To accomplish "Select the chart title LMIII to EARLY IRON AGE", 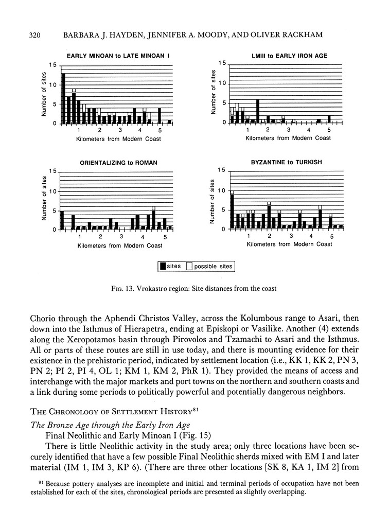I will click(286, 56).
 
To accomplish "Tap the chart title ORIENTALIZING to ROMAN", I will click(118, 163).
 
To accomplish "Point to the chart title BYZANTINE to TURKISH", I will click(286, 162).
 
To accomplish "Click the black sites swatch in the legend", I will click(163, 266).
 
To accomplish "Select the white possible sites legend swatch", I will click(189, 266).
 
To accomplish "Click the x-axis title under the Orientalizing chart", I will click(120, 245).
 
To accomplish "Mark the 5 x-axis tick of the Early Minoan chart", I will click(160, 131).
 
